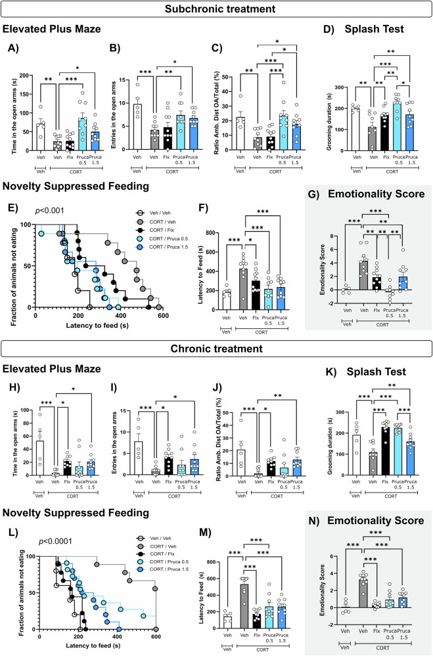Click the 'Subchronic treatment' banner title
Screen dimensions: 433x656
tap(220, 9)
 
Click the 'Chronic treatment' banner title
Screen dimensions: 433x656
tap(217, 349)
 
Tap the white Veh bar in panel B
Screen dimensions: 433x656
tap(137, 127)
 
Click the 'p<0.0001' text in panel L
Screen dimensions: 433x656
tap(55, 541)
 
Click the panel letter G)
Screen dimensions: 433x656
tap(313, 195)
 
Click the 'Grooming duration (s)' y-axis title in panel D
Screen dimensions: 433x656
tap(330, 120)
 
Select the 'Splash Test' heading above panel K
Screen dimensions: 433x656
tap(376, 372)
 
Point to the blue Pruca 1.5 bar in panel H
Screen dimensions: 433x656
tap(93, 468)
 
